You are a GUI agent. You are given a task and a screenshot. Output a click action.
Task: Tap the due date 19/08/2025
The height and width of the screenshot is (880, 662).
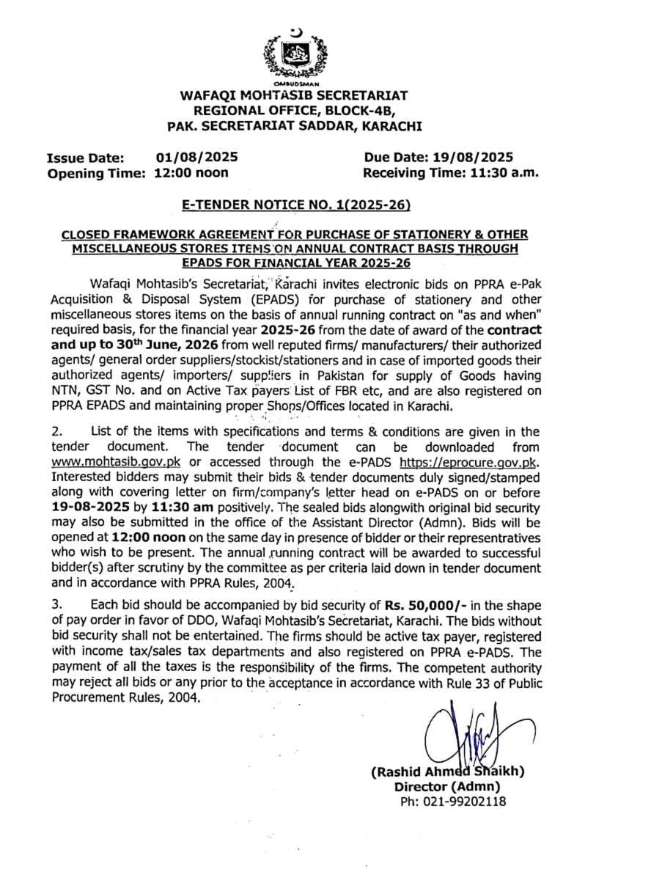[476, 158]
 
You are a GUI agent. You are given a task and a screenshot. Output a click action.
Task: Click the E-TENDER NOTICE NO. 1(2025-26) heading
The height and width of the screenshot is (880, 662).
[295, 205]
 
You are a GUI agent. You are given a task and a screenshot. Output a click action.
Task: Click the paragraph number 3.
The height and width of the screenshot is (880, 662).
[56, 606]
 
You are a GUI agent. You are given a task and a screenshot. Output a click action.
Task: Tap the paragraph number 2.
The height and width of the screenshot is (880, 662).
[56, 432]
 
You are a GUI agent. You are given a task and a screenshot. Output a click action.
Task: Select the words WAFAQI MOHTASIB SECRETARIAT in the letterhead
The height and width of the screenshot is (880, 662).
[294, 95]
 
